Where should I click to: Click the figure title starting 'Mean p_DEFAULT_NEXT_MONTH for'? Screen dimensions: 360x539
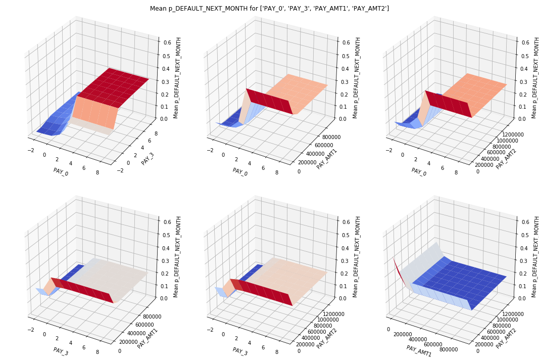click(269, 9)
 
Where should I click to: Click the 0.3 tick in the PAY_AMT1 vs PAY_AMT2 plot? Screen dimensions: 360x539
click(523, 261)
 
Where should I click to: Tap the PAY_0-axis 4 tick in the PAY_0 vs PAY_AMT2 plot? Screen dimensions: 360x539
click(428, 164)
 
